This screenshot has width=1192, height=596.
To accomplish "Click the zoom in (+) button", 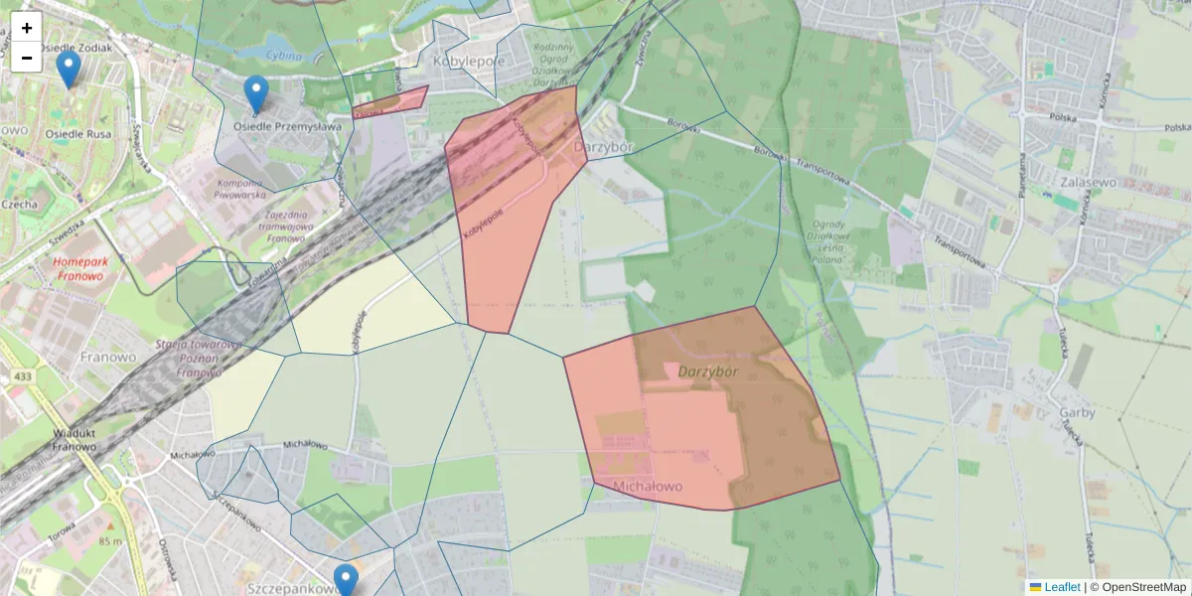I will (x=27, y=28).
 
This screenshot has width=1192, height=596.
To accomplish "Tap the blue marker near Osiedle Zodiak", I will (x=69, y=69).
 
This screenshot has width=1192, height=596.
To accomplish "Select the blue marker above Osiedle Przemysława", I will (x=256, y=93).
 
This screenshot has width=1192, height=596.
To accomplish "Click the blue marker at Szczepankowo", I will (x=346, y=579).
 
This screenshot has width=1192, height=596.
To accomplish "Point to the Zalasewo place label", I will (x=1089, y=183).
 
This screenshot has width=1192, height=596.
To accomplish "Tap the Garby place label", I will (x=1078, y=412).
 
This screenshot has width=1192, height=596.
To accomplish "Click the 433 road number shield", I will (x=22, y=377).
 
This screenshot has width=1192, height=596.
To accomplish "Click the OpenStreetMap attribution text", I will (x=1137, y=587).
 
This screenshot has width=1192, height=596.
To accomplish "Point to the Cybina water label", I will (x=283, y=57).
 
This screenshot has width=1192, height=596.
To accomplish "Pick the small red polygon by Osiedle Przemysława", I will (x=391, y=100).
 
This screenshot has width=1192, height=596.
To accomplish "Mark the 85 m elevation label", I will (x=110, y=541).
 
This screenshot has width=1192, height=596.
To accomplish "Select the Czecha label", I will (x=20, y=205).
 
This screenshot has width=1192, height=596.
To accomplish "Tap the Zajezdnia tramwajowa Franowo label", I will (x=285, y=226).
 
